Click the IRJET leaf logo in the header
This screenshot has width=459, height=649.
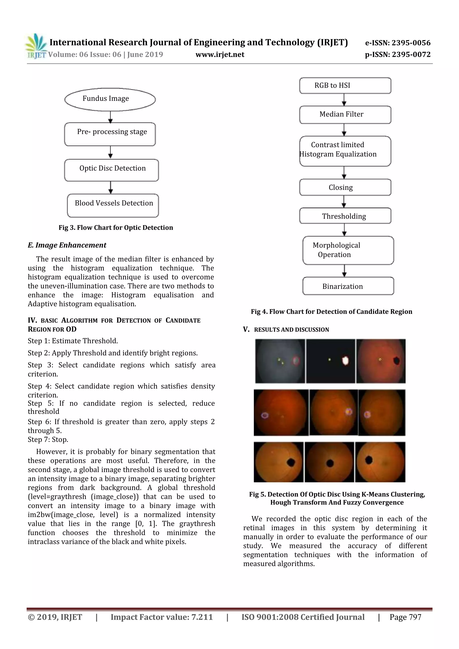[x=36, y=45]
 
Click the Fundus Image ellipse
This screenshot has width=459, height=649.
[x=110, y=99]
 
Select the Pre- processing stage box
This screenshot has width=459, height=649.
[x=110, y=134]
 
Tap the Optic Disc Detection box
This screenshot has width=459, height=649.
[x=111, y=170]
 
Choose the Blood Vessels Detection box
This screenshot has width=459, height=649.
[x=113, y=205]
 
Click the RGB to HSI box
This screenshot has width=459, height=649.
[x=345, y=85]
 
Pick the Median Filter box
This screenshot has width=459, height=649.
[x=345, y=115]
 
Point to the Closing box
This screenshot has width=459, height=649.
[x=345, y=187]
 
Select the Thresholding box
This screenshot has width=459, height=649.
[x=345, y=216]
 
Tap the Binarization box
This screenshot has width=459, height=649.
[x=348, y=286]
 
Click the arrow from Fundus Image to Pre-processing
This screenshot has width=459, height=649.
[x=110, y=117]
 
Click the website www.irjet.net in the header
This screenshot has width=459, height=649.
[x=220, y=54]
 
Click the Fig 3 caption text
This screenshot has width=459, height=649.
[x=116, y=227]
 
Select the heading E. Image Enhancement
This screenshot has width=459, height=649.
[x=67, y=245]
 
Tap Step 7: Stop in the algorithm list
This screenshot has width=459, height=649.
[x=48, y=439]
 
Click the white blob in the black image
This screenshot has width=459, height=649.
[x=345, y=361]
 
